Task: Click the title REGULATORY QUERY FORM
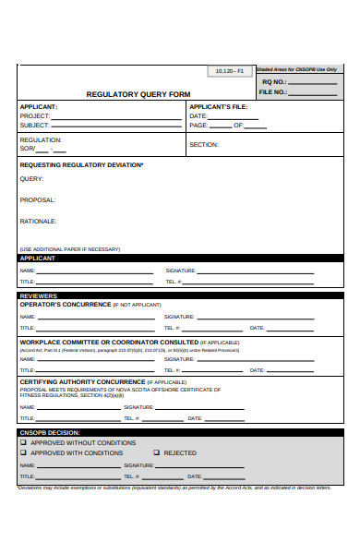point(138,93)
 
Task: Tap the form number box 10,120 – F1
point(229,71)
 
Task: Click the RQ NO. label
point(274,81)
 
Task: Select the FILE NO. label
point(272,91)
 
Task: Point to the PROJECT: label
point(35,115)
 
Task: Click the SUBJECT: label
point(35,125)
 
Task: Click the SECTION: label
point(204,145)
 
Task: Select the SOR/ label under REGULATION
point(28,149)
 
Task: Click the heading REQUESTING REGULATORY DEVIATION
point(81,164)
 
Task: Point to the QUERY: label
point(31,179)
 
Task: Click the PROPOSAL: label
point(38,199)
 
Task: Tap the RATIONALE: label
point(39,222)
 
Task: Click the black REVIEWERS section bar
point(180,296)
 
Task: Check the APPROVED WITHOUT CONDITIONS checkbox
point(24,442)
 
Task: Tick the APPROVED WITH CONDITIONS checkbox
point(24,452)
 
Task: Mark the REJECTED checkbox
point(155,452)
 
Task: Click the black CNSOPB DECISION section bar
point(180,432)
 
